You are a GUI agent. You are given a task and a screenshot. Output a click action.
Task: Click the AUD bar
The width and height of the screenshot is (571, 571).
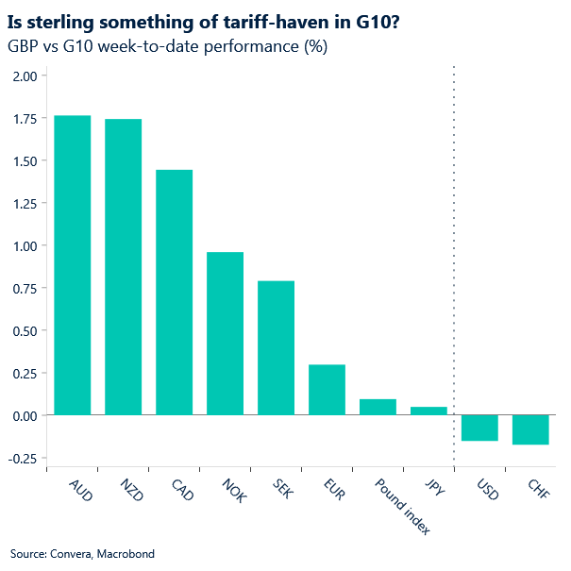coord(73,265)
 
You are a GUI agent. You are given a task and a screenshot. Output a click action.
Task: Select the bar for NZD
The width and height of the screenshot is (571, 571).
coord(124,267)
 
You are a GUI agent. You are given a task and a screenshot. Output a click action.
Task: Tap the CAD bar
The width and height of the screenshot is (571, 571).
coord(175,293)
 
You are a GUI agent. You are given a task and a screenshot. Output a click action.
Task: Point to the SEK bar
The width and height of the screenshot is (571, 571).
coord(277,348)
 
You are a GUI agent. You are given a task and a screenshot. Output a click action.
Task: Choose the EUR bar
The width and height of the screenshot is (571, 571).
coord(327,390)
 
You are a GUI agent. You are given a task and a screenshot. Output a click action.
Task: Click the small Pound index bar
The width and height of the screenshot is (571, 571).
coord(378,407)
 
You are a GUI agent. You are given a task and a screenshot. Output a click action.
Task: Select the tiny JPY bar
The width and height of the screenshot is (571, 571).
coord(429,411)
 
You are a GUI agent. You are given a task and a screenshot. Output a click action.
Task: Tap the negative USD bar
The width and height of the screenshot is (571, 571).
coord(480,428)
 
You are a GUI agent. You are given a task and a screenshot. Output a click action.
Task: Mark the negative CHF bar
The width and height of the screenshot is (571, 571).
coord(531,429)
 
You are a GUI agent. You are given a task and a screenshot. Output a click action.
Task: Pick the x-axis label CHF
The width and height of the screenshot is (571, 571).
coord(539,491)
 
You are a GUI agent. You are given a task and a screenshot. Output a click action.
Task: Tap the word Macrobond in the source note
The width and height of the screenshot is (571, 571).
coord(126,553)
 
